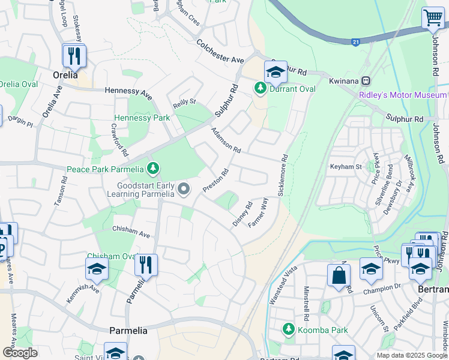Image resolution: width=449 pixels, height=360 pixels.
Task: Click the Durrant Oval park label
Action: (292, 89)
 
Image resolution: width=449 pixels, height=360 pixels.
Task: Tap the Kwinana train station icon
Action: (365, 81)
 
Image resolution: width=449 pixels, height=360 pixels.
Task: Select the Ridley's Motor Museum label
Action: (403, 95)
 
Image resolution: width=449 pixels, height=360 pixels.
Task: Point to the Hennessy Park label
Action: (142, 118)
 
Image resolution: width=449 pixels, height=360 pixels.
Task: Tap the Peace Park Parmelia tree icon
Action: (154, 169)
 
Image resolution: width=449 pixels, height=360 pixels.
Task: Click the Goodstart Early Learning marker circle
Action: (184, 189)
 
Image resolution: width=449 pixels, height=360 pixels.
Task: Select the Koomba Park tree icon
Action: (289, 329)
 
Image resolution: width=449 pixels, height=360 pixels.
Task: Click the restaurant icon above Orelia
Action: (74, 56)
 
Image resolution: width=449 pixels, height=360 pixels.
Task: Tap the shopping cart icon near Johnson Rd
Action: (432, 18)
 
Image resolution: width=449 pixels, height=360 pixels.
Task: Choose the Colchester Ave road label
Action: (220, 52)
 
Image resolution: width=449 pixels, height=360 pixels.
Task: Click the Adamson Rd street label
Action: (226, 140)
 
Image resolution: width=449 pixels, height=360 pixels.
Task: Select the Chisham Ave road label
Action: (131, 232)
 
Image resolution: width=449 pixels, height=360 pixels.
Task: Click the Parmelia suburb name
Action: (128, 331)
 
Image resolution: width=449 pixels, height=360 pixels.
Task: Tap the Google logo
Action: (20, 353)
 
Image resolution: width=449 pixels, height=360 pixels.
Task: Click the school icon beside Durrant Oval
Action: (276, 73)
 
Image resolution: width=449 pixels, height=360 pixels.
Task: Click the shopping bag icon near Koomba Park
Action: (339, 275)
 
